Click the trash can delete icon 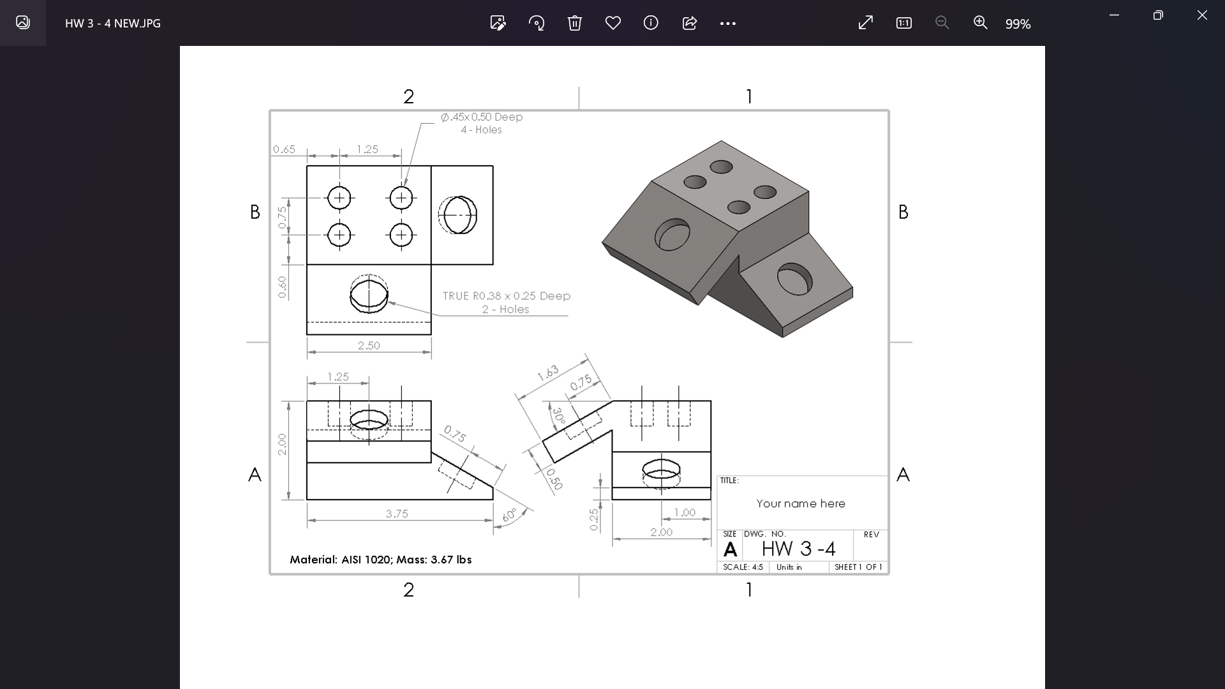pyautogui.click(x=574, y=24)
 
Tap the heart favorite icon pyautogui.click(x=612, y=24)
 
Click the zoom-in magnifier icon pyautogui.click(x=980, y=23)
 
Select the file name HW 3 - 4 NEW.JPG pyautogui.click(x=113, y=24)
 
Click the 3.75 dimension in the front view pyautogui.click(x=397, y=514)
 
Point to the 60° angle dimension pyautogui.click(x=510, y=515)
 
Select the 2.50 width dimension pyautogui.click(x=369, y=345)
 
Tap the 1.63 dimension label pyautogui.click(x=547, y=373)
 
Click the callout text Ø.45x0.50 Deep pyautogui.click(x=482, y=117)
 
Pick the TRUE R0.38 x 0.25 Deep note pyautogui.click(x=507, y=296)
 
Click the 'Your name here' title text pyautogui.click(x=801, y=503)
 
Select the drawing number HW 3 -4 pyautogui.click(x=798, y=549)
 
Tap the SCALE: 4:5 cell pyautogui.click(x=743, y=567)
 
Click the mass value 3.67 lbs pyautogui.click(x=451, y=559)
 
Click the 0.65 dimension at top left pyautogui.click(x=284, y=149)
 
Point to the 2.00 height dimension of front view pyautogui.click(x=282, y=444)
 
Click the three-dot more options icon pyautogui.click(x=727, y=24)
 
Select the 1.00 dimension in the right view pyautogui.click(x=685, y=512)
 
